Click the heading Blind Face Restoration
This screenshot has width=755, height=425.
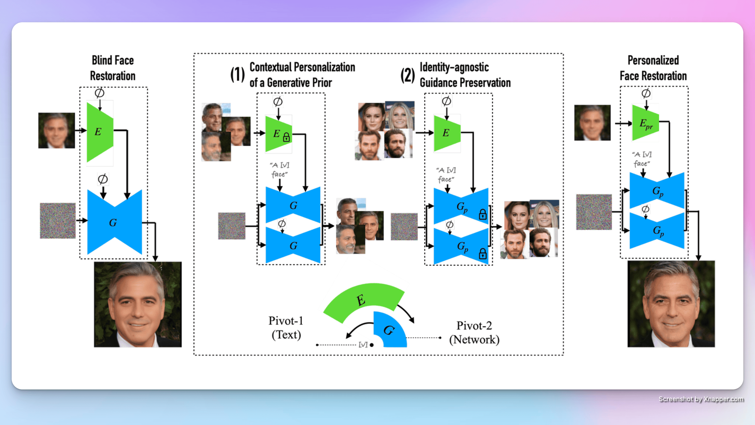coord(113,68)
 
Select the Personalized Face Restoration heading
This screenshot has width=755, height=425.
coord(653,68)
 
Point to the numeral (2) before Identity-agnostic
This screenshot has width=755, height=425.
coord(407,75)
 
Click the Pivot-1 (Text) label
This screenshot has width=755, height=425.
coord(286,328)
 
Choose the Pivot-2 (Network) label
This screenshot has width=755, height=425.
coord(474,333)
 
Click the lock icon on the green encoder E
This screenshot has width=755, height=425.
coord(286,137)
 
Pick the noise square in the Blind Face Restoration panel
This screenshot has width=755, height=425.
coord(58,220)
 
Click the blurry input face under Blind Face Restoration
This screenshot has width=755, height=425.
coord(56,131)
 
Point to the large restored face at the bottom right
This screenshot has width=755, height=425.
coord(671,304)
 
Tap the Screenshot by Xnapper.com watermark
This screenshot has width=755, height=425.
coord(701,399)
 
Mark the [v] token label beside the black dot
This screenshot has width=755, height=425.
coord(363,345)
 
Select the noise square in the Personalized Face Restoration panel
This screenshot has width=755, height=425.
coord(594,212)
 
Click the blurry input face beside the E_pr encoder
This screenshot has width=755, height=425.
coord(592,123)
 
